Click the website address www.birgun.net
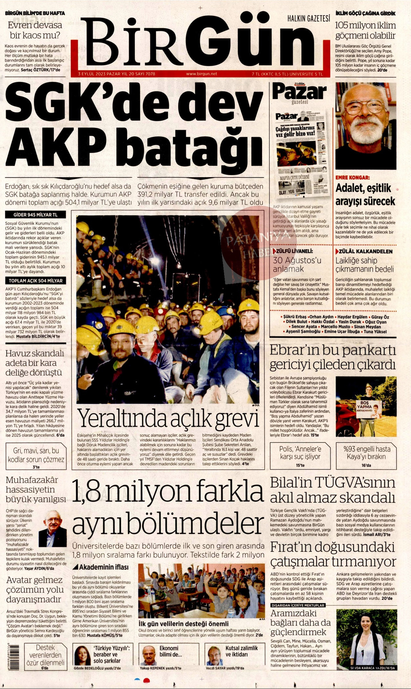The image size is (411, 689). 201,74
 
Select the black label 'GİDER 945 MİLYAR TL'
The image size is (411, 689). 35,214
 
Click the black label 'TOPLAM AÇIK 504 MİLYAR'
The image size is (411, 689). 35,281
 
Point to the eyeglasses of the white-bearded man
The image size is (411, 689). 365,107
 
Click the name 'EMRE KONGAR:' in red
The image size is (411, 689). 352,177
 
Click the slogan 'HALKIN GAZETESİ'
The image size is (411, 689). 308,19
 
